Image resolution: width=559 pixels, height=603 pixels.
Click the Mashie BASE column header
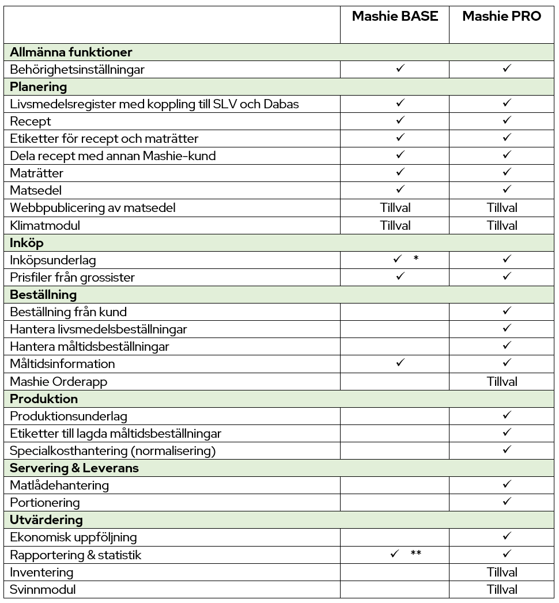click(x=395, y=16)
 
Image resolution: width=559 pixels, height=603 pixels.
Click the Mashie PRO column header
click(x=502, y=16)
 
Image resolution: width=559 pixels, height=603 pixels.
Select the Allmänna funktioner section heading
click(x=71, y=52)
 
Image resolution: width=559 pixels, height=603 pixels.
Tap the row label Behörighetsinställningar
click(x=77, y=70)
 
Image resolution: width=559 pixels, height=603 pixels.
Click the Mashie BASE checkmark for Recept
click(x=401, y=121)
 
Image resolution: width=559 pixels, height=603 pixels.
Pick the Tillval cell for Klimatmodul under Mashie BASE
click(x=395, y=225)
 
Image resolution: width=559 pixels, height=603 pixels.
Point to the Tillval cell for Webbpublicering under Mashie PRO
click(x=502, y=208)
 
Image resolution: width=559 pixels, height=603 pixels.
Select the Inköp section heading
click(x=27, y=242)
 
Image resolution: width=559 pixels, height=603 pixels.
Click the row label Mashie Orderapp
click(x=59, y=381)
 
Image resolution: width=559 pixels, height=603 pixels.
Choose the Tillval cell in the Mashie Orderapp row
click(x=502, y=381)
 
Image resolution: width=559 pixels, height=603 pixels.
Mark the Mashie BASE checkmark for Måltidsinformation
click(x=401, y=363)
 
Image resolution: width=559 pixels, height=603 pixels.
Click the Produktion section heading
click(x=44, y=399)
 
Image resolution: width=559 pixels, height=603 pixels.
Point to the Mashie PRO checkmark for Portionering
click(x=507, y=502)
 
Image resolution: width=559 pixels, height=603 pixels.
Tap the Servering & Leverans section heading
click(x=74, y=468)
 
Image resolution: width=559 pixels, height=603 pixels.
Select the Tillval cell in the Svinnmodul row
click(x=502, y=589)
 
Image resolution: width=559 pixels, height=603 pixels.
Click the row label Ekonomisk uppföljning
click(x=73, y=537)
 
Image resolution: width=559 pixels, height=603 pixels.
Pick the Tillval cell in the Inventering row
click(x=502, y=572)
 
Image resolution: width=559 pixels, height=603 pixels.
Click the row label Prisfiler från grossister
click(x=72, y=277)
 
